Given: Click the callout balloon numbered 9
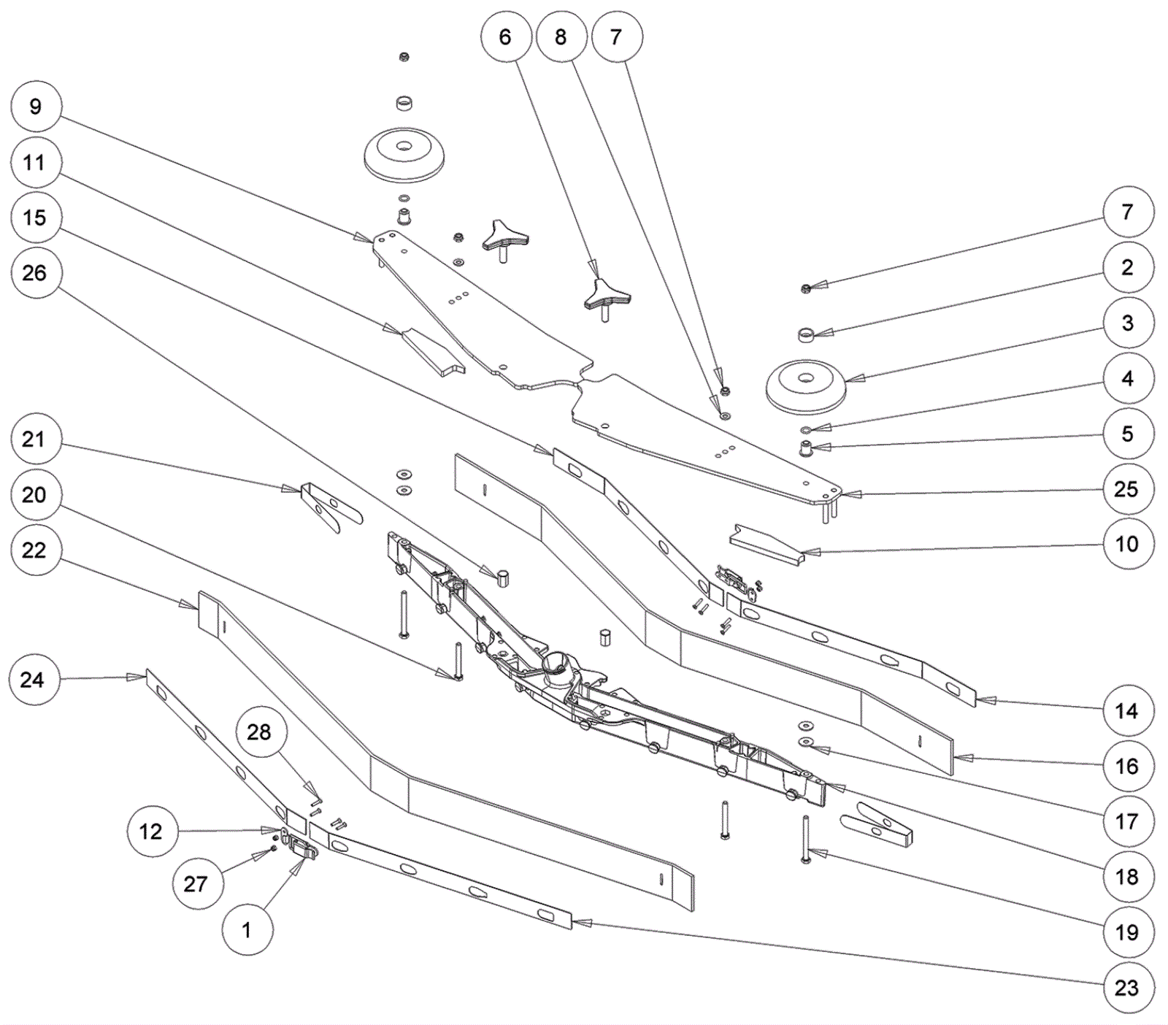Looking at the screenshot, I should tap(35, 107).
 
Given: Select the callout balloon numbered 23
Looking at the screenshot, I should tap(1126, 987).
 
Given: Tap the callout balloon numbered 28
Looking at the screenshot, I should tap(259, 732).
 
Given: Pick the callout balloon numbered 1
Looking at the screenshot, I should tap(247, 930).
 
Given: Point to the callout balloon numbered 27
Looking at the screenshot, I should tap(196, 884).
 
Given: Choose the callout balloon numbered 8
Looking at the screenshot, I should tap(561, 37).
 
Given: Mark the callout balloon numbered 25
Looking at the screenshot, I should tap(1126, 488).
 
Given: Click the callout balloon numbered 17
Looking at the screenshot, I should tap(1126, 821).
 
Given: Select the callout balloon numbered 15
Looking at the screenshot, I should tap(35, 218).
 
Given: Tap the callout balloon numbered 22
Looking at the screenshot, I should tap(35, 550).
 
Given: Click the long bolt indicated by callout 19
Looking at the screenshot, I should tap(806, 840).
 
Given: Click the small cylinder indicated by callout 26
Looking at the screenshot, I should tap(502, 579).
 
